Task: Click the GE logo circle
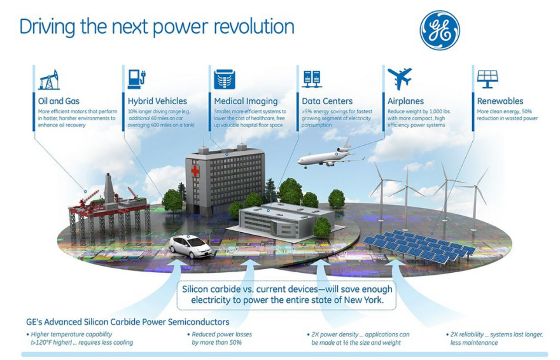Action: pos(440,30)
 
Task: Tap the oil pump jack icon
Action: pos(49,80)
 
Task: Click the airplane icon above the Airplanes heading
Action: pos(400,78)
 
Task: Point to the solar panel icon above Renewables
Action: pos(487,79)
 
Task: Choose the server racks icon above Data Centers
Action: pos(312,80)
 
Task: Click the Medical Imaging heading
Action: pos(246,101)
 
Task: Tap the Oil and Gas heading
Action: pos(59,101)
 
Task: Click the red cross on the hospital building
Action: pos(195,171)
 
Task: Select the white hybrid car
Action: pos(190,246)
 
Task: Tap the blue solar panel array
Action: pos(419,246)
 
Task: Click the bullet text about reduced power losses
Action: pos(220,338)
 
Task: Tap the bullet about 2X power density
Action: pos(358,338)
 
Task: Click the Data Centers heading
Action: pos(327,101)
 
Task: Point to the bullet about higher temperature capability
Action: pos(80,338)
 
